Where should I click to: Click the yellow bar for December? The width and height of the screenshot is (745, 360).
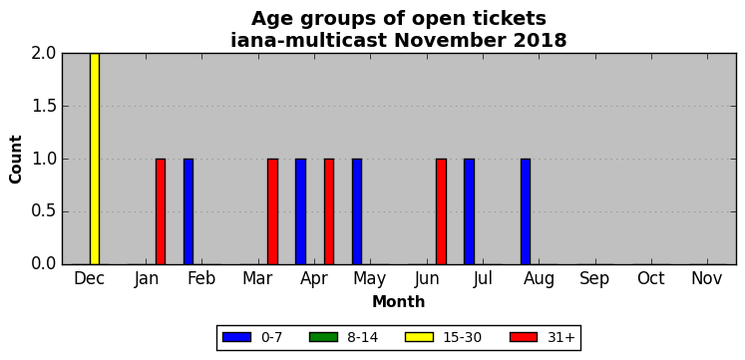95,159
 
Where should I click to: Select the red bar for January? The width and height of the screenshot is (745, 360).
161,211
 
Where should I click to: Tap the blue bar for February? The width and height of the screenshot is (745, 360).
188,211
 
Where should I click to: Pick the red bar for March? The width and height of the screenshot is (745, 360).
272,211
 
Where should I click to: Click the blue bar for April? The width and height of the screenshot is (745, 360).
301,211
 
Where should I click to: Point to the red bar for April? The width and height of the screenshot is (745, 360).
329,211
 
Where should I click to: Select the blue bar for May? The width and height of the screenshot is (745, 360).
357,211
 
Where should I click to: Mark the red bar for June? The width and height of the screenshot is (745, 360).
442,211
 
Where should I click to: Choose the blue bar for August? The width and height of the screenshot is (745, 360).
526,211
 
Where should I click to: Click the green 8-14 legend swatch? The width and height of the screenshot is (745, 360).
323,337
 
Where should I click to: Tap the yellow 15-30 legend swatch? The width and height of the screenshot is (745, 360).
419,337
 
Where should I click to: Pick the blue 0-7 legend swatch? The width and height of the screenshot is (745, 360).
236,337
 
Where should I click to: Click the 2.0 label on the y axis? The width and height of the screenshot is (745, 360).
44,54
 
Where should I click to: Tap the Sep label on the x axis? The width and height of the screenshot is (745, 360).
594,279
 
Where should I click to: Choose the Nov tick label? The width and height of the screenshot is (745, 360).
706,279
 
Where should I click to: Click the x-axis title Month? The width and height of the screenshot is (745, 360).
399,302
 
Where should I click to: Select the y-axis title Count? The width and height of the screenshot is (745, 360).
16,160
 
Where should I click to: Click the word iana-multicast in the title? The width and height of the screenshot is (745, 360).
308,40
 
